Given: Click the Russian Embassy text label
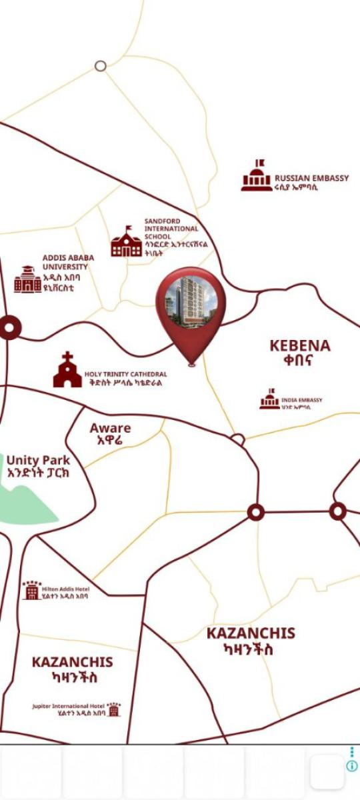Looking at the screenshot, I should [311, 182].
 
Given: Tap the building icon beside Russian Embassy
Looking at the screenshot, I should [256, 177].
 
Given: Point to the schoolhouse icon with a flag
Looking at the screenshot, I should [126, 241].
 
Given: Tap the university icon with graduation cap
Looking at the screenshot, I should [27, 279].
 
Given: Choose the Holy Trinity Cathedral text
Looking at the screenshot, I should [125, 379].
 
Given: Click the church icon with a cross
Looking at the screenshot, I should [67, 371].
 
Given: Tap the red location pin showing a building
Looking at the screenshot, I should [191, 307].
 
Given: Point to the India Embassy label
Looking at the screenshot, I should [301, 403].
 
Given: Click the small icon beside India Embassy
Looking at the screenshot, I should [269, 399].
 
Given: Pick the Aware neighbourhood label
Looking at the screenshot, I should [110, 434].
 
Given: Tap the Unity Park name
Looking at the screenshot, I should [38, 466].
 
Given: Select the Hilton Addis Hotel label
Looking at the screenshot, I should [65, 593].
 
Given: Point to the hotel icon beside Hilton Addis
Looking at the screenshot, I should [31, 590].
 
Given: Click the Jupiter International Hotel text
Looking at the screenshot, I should [69, 709].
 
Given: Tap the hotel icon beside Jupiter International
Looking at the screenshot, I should [114, 709].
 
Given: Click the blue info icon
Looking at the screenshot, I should [351, 766].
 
